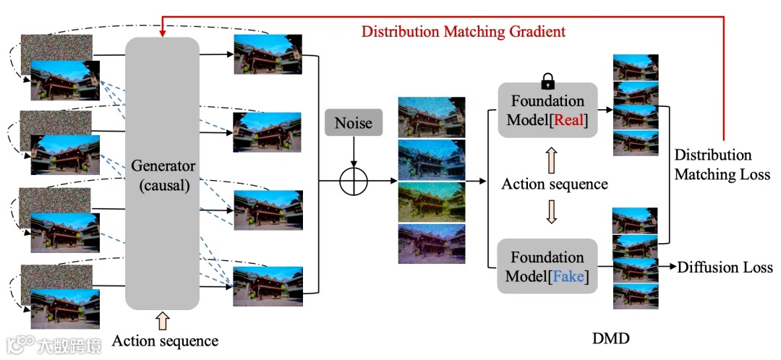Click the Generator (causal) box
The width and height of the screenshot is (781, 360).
(162, 173)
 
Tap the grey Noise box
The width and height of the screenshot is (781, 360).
(354, 122)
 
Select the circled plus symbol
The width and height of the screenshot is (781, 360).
(354, 180)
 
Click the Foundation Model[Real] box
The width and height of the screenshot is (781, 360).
(547, 110)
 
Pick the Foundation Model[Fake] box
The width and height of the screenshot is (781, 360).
(547, 266)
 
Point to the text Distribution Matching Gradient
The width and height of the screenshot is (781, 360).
(464, 31)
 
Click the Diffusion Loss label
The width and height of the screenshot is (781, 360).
(725, 267)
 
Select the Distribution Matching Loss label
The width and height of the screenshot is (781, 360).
(722, 165)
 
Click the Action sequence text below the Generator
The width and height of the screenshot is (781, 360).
(166, 340)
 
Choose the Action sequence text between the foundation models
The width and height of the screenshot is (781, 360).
(555, 184)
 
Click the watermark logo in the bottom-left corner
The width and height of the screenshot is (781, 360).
(20, 343)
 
